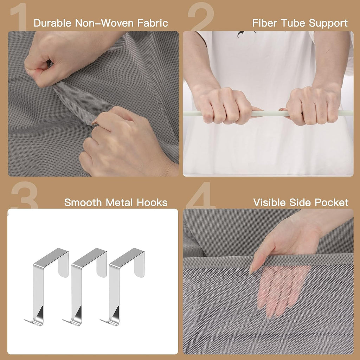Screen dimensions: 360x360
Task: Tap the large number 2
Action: coord(201,17)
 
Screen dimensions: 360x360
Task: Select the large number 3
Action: coord(25,195)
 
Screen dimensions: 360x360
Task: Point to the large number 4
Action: coord(201,195)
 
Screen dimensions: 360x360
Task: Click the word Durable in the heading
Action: coord(53,23)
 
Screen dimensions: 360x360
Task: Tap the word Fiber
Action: coord(265,23)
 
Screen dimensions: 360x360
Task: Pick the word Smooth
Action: coord(83,202)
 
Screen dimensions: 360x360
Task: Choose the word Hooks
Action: coord(152,202)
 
